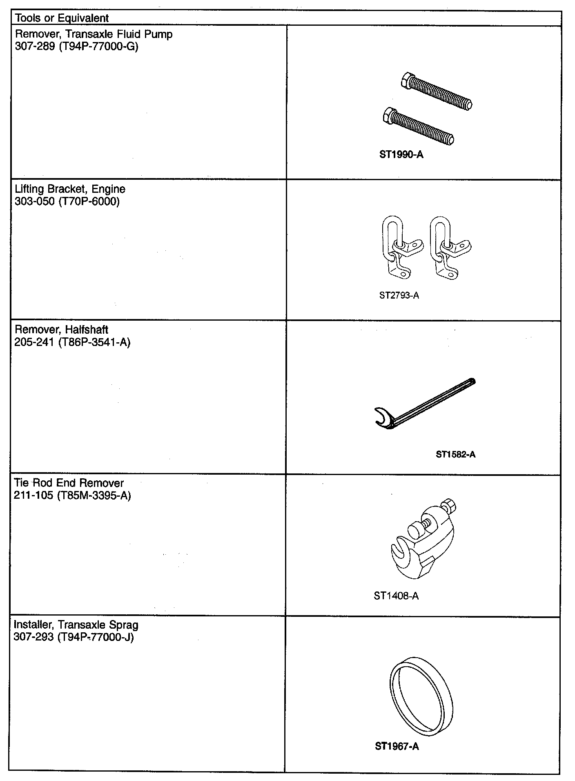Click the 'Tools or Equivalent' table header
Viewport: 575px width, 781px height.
click(x=62, y=18)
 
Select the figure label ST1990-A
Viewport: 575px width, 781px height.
click(x=401, y=155)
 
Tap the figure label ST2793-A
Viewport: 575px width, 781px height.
click(x=399, y=295)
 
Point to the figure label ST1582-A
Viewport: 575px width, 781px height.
click(x=455, y=454)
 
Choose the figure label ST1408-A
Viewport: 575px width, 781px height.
click(x=396, y=596)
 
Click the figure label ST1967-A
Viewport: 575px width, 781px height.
click(x=397, y=746)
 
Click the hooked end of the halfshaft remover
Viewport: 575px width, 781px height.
click(x=383, y=418)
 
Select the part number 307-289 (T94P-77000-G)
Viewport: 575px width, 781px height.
click(x=76, y=47)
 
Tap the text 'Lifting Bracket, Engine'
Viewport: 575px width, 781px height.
click(x=70, y=189)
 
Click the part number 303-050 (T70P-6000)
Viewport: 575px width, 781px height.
click(x=67, y=201)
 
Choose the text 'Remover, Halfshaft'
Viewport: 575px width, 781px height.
click(x=61, y=330)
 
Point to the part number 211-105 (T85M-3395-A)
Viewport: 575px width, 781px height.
click(x=72, y=495)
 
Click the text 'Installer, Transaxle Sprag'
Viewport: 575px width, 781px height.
click(x=76, y=625)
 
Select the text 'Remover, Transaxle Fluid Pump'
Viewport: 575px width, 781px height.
click(x=94, y=34)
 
